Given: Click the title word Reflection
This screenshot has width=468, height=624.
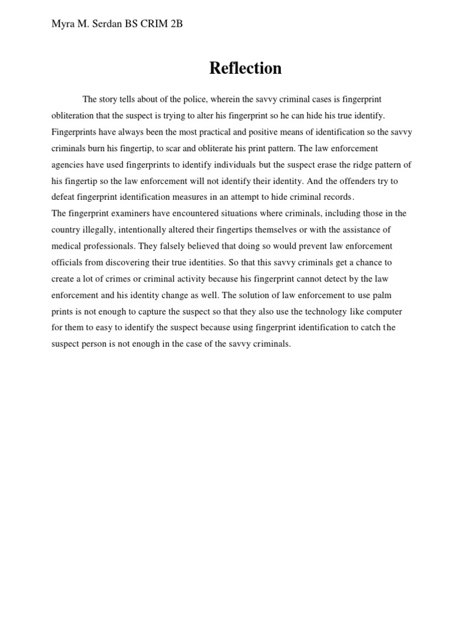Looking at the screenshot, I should [246, 68].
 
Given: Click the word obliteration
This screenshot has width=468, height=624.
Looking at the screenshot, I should [73, 116].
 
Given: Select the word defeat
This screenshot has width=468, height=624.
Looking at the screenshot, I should [64, 197].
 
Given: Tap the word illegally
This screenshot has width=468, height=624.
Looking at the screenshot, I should [100, 230].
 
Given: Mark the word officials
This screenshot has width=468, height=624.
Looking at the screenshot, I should [68, 263].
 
